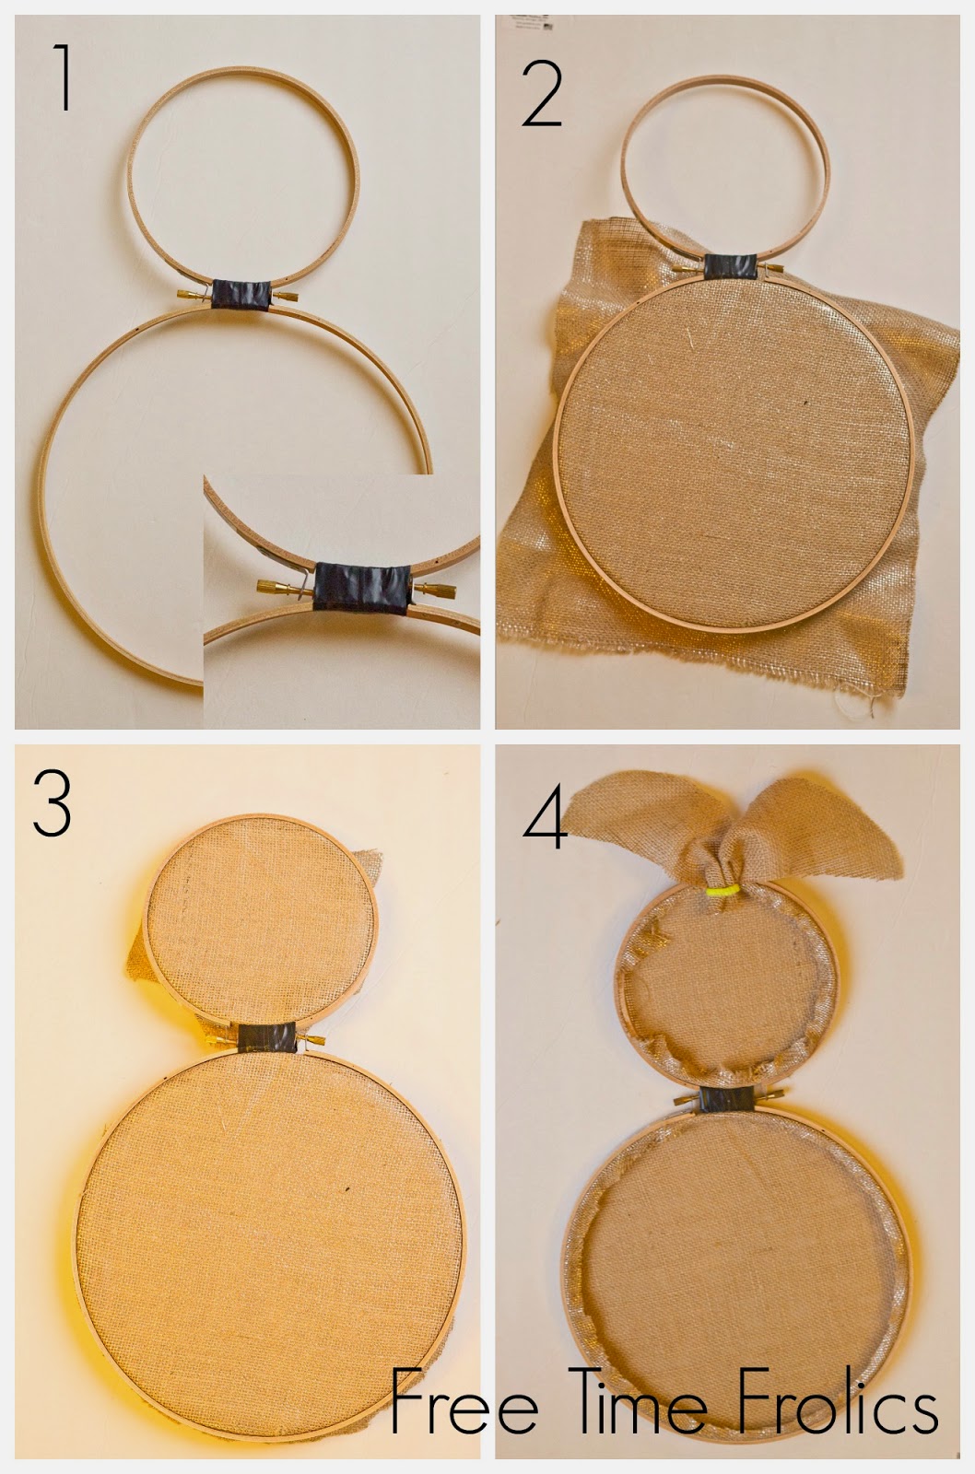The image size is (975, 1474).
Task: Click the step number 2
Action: pos(542,94)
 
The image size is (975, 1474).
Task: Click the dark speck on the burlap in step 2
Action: pos(805,402)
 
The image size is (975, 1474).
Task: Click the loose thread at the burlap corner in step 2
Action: pos(857,699)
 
